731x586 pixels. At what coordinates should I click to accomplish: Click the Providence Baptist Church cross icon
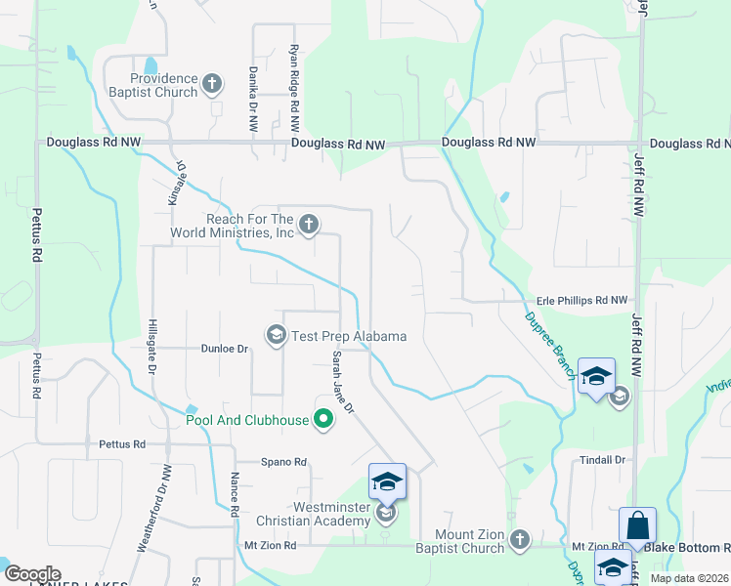click(213, 85)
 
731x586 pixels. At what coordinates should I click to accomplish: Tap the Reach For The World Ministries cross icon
click(309, 226)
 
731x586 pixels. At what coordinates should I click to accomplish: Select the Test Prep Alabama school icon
click(277, 336)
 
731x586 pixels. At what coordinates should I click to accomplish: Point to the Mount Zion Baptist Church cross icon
click(519, 538)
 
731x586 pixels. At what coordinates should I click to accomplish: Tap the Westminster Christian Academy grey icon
click(387, 512)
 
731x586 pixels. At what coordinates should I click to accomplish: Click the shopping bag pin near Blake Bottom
click(637, 525)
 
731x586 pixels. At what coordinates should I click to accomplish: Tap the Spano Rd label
click(283, 462)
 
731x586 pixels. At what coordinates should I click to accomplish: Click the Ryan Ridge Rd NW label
click(294, 83)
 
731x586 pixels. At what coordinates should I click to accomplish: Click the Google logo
click(32, 574)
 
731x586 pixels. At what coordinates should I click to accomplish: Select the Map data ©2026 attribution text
click(688, 578)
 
